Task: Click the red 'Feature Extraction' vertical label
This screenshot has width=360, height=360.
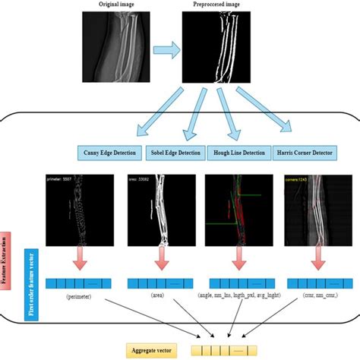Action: coord(6,257)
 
